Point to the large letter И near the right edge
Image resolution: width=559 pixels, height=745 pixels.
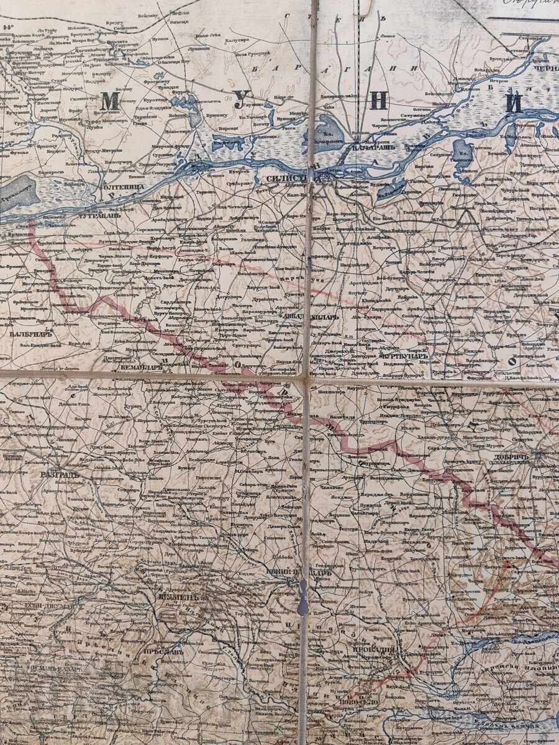pos(513,104)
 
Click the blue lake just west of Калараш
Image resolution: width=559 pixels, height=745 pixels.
pos(324,129)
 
